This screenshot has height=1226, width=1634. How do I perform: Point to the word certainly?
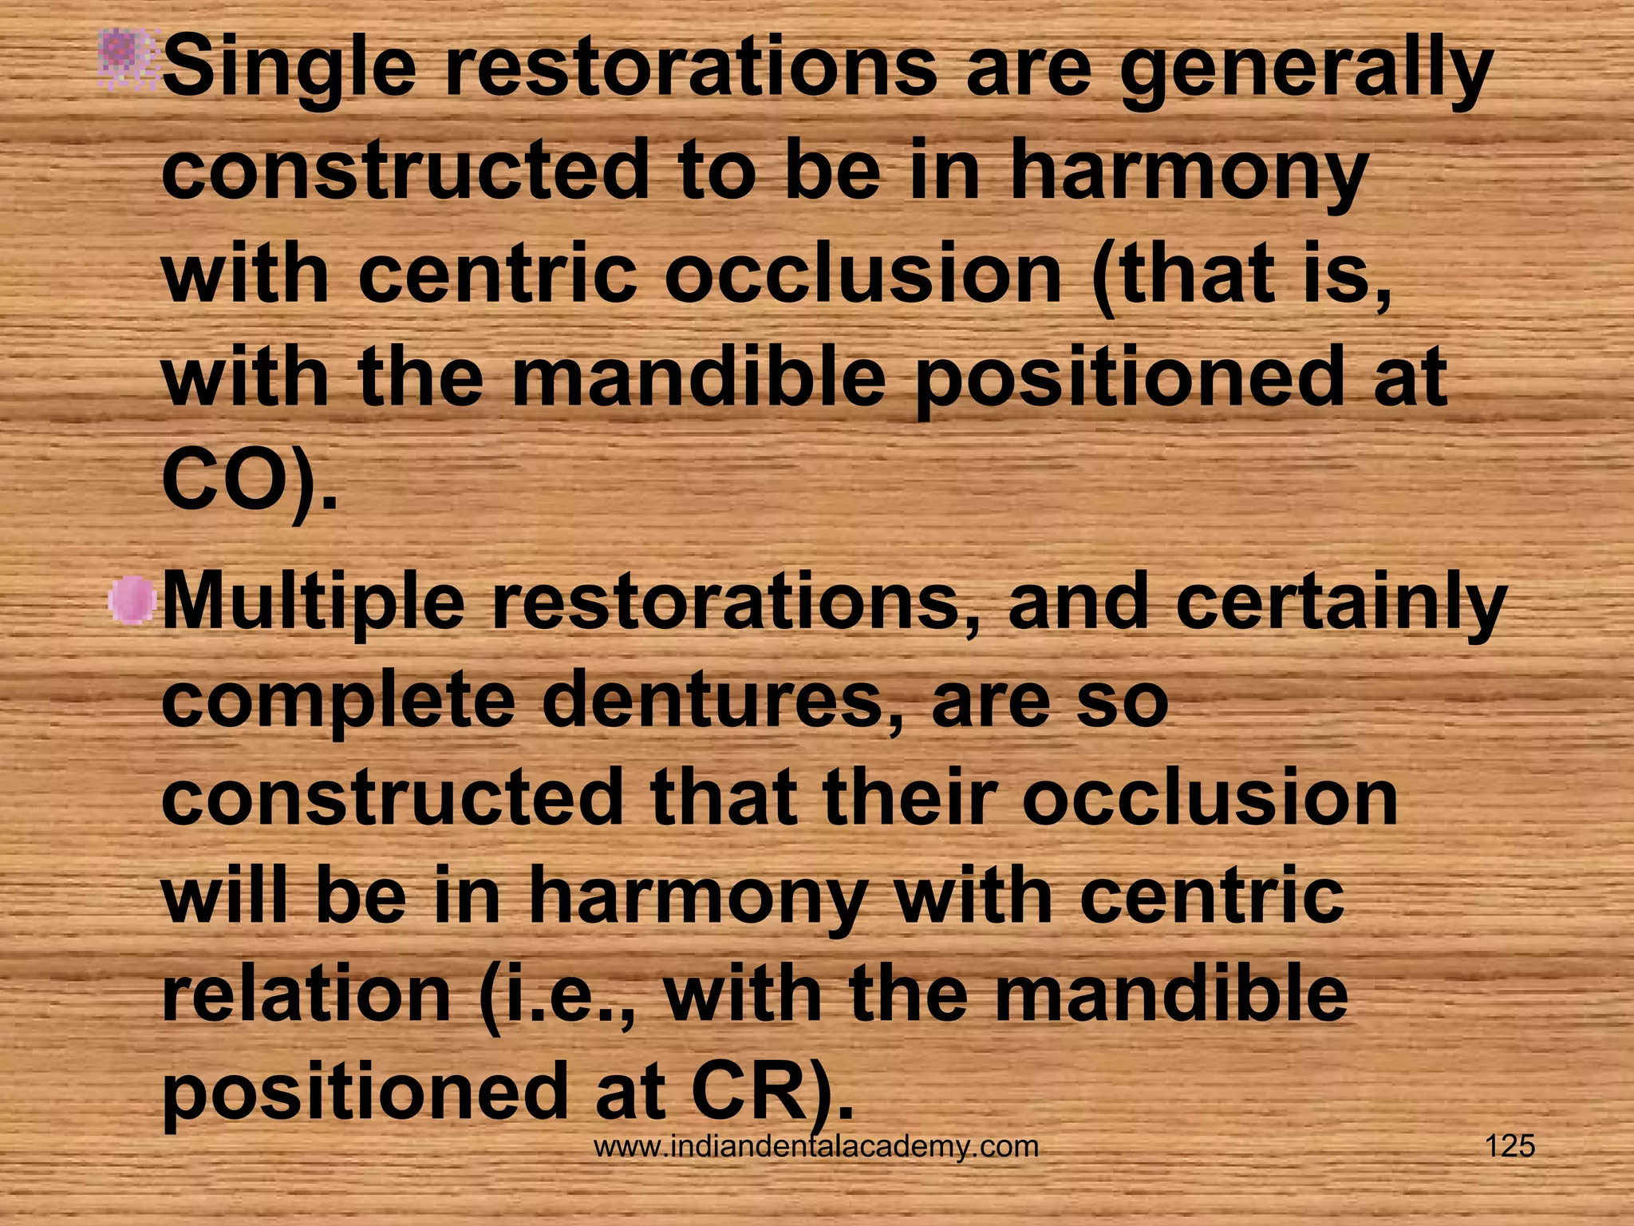(x=1340, y=603)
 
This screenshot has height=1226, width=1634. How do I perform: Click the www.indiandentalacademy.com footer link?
(x=816, y=1147)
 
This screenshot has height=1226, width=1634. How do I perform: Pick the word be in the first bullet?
(x=832, y=172)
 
